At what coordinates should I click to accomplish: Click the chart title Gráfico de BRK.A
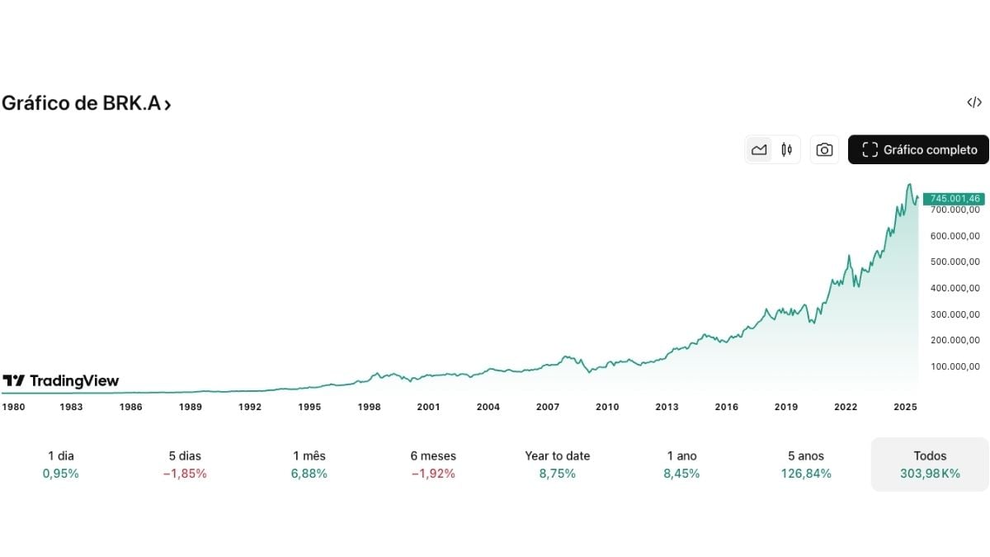click(86, 104)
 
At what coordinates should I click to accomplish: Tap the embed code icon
click(974, 102)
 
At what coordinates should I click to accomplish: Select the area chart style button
click(759, 149)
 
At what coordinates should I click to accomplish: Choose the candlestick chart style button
click(786, 149)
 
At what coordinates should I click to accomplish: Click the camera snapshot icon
click(824, 149)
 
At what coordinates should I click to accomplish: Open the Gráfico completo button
click(918, 149)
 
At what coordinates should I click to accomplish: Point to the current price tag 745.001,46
click(953, 198)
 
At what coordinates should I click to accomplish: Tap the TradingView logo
click(61, 380)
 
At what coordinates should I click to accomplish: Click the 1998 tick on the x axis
click(369, 407)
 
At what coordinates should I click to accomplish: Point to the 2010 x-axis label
click(607, 407)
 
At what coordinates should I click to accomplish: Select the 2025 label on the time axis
click(905, 407)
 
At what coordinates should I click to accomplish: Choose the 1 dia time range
click(61, 456)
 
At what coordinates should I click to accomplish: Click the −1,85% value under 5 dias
click(185, 474)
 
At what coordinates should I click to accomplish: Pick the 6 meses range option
click(433, 456)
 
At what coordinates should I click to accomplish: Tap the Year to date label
click(557, 456)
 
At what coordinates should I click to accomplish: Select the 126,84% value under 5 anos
click(806, 474)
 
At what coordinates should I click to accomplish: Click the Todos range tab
click(930, 464)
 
